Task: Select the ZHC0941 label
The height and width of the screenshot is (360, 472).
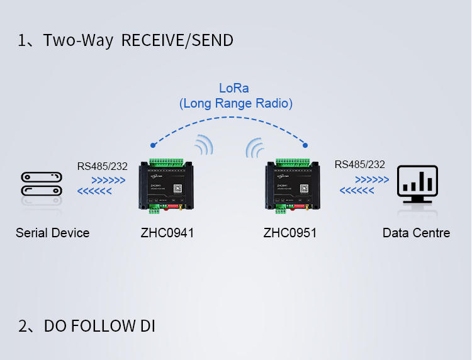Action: (x=167, y=233)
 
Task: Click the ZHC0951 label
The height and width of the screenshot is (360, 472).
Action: (x=289, y=233)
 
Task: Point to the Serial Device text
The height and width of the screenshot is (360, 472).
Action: (x=52, y=233)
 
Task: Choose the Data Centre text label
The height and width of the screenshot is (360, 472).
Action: (x=416, y=233)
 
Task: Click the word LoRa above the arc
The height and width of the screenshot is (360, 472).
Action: (x=233, y=88)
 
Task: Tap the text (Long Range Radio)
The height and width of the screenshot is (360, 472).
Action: (x=236, y=103)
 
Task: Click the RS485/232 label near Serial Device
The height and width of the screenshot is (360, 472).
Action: (x=103, y=167)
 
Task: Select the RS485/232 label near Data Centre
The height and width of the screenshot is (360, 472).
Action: (x=360, y=165)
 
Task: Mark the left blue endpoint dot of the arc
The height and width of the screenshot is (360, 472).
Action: (x=152, y=144)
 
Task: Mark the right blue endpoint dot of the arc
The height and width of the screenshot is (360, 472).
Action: (x=305, y=145)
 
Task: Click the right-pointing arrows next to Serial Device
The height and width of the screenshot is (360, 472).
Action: (x=108, y=181)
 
